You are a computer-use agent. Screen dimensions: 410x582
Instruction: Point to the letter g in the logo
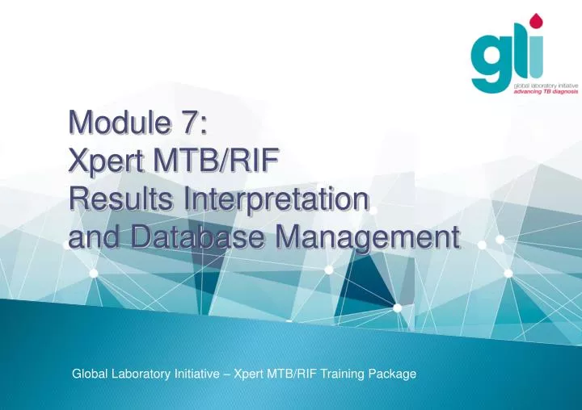click(x=493, y=61)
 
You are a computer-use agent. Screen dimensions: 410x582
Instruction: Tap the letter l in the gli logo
click(x=519, y=52)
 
